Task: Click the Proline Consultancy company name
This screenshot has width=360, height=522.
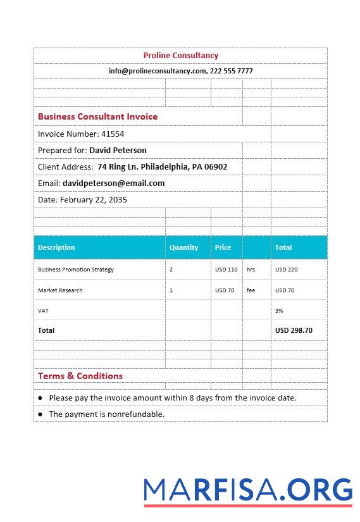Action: click(x=180, y=56)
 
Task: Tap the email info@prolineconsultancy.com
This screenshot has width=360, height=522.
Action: click(x=157, y=71)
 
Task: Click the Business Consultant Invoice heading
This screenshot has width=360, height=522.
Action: click(x=97, y=116)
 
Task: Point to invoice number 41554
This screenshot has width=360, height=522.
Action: click(x=113, y=134)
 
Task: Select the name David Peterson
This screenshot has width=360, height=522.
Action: click(x=118, y=151)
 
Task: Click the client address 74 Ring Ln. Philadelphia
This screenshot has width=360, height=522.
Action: click(x=162, y=167)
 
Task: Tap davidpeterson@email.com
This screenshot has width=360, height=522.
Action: click(x=113, y=183)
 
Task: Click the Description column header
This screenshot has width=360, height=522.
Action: click(x=56, y=247)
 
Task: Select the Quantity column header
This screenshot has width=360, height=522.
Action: click(x=183, y=247)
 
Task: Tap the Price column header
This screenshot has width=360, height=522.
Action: click(x=223, y=247)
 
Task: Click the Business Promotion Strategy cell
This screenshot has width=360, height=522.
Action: click(x=76, y=270)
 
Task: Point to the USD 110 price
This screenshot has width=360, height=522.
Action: click(x=226, y=270)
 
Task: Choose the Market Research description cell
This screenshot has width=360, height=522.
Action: click(x=60, y=290)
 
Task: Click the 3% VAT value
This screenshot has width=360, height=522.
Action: click(x=279, y=311)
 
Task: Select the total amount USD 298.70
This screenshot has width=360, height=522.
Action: click(x=294, y=330)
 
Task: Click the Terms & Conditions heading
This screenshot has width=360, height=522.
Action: click(x=80, y=376)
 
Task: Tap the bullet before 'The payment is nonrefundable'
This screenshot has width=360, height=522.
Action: click(x=40, y=414)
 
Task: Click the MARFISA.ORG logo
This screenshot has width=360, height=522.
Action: click(x=248, y=491)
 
